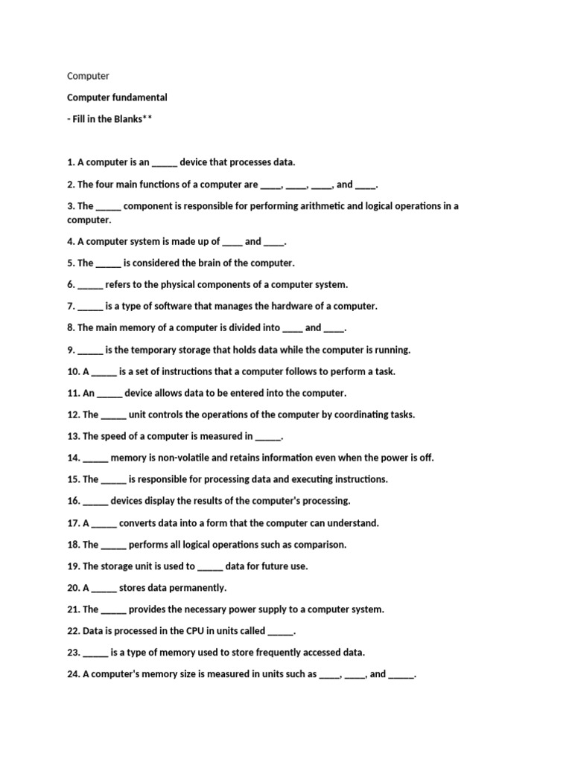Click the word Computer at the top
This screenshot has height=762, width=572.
(88, 76)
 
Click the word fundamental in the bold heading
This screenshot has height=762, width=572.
(139, 97)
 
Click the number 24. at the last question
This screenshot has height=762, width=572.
(74, 674)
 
